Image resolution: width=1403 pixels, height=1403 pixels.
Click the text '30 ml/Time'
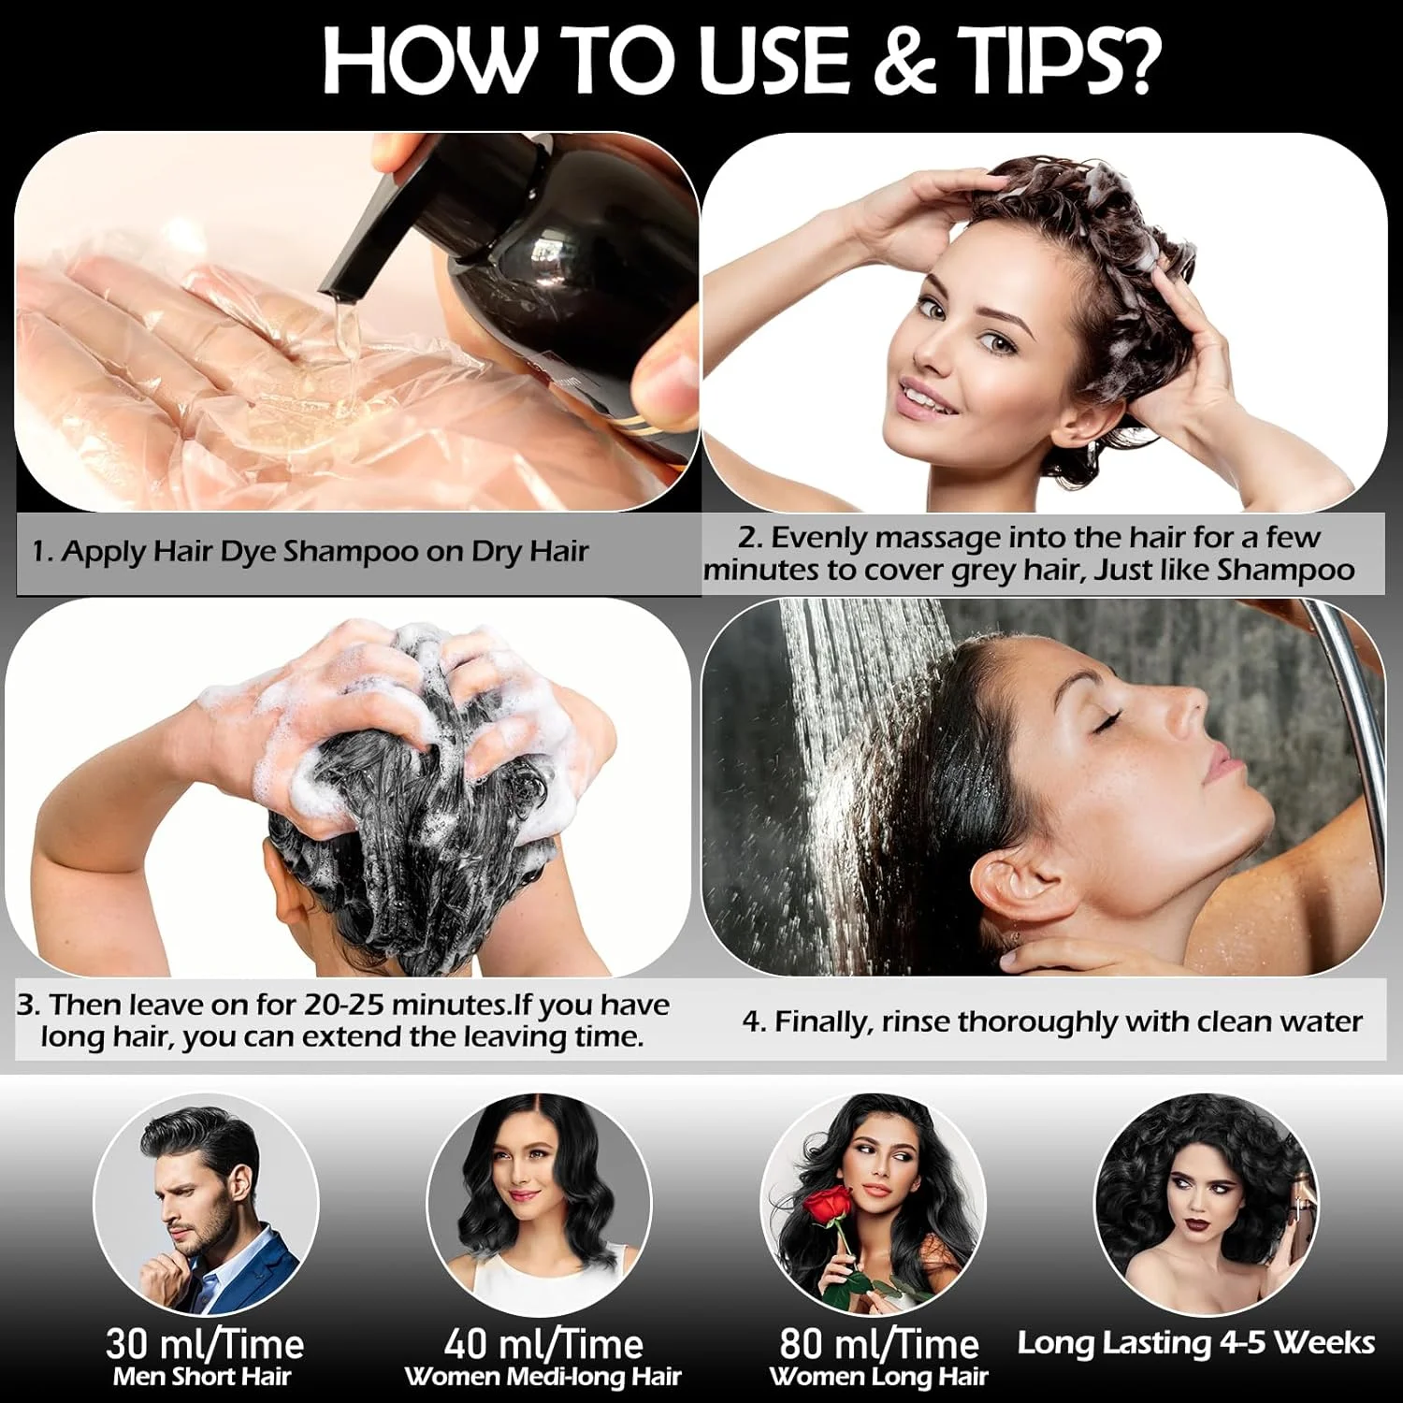(205, 1344)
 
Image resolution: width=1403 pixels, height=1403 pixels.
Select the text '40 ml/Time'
(543, 1344)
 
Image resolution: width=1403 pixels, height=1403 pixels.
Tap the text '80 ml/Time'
(879, 1344)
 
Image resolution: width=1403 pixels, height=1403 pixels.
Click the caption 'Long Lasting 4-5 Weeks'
(1196, 1342)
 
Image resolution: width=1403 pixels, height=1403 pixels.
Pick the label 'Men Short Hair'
(202, 1377)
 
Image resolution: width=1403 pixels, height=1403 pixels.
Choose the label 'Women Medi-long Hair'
(542, 1378)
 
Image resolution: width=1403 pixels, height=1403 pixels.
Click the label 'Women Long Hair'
(878, 1377)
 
